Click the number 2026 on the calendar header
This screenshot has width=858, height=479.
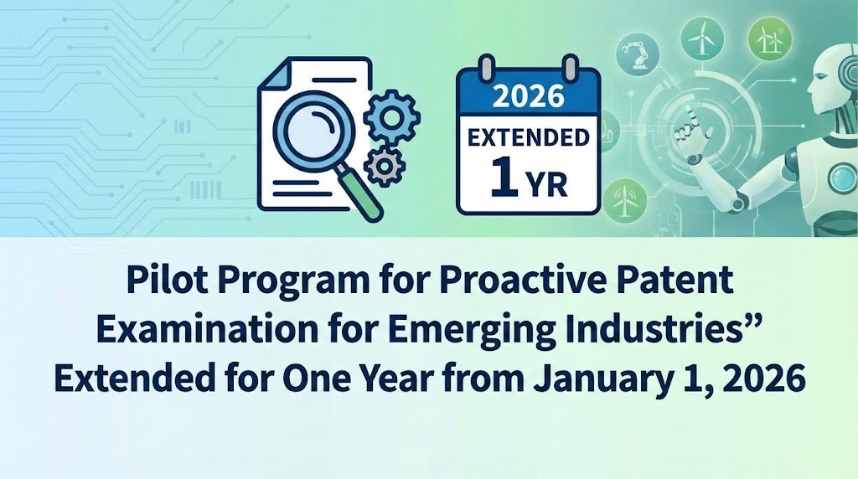[x=528, y=95]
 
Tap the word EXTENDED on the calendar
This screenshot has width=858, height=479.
[x=528, y=138]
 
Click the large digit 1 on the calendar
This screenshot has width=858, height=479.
[x=504, y=179]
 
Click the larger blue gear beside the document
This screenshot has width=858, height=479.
[x=392, y=117]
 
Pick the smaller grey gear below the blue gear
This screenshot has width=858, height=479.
[x=384, y=165]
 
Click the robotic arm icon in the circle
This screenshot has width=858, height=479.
[x=637, y=52]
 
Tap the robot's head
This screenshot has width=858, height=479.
[x=832, y=82]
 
